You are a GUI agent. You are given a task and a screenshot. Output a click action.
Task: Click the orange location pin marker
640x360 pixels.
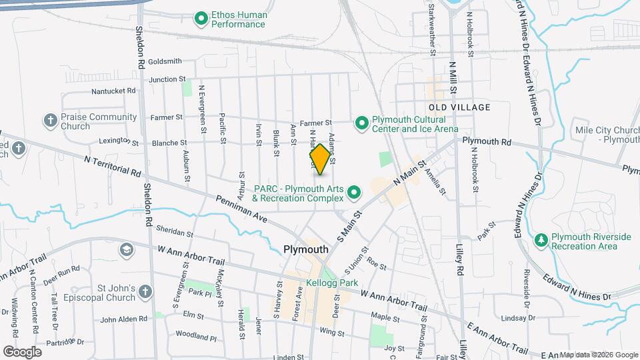tap(320, 159)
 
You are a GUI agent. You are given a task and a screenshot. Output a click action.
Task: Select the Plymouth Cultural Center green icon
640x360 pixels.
tap(361, 123)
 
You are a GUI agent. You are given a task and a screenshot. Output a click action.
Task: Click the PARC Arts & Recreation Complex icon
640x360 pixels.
tap(355, 193)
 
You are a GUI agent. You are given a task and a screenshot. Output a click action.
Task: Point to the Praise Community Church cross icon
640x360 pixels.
tap(50, 121)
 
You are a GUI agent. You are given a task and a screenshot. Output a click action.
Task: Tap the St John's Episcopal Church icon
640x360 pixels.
tap(145, 292)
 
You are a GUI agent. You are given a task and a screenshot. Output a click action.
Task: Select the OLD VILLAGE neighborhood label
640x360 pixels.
tap(459, 107)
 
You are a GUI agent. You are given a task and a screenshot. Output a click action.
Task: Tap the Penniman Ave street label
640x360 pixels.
tap(240, 209)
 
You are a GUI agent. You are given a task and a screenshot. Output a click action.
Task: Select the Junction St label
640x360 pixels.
tap(167, 79)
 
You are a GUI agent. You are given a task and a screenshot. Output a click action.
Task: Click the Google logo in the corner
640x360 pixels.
tap(22, 351)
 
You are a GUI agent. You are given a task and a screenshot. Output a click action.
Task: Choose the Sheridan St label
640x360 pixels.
tap(174, 231)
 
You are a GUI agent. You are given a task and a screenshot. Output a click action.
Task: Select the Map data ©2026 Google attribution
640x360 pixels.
tap(597, 355)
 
